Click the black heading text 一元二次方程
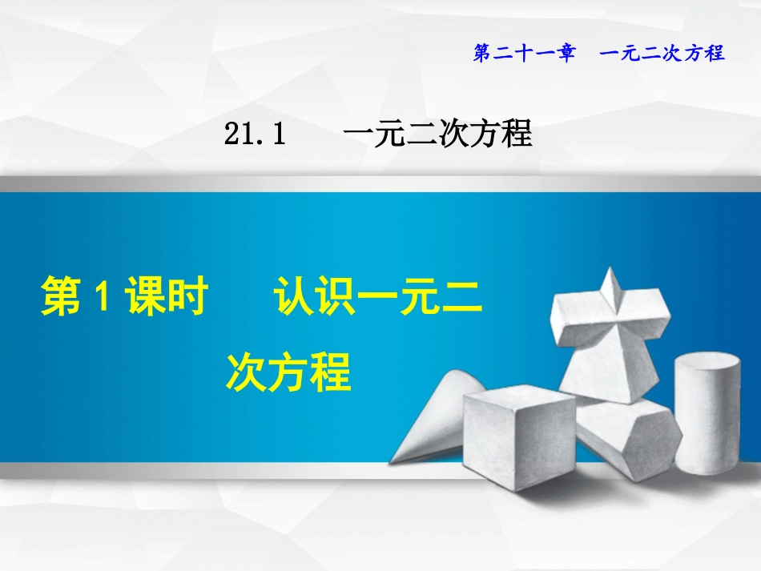click(437, 135)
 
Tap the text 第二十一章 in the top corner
click(524, 54)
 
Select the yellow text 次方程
click(289, 372)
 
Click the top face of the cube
click(521, 396)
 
